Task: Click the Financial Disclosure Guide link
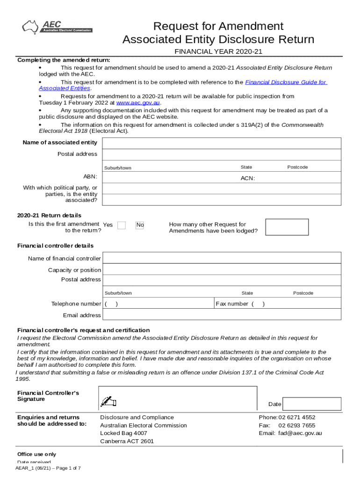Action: (x=286, y=82)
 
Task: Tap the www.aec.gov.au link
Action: (x=138, y=103)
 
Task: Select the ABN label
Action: (x=90, y=176)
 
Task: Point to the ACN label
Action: (x=248, y=178)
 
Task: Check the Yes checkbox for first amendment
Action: (x=122, y=225)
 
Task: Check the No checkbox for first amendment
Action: (x=140, y=225)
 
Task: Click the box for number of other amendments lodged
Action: (x=287, y=227)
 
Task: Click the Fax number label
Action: (x=232, y=304)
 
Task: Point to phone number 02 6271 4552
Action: (x=297, y=417)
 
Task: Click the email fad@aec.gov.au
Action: (x=300, y=433)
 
